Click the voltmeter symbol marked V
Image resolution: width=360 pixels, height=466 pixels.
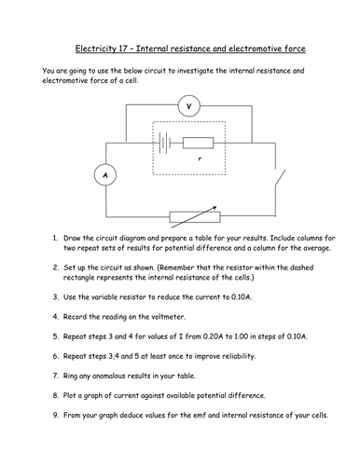(x=189, y=106)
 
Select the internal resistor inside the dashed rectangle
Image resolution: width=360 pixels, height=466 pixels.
(x=198, y=143)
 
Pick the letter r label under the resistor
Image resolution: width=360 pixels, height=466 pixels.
(x=200, y=159)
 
